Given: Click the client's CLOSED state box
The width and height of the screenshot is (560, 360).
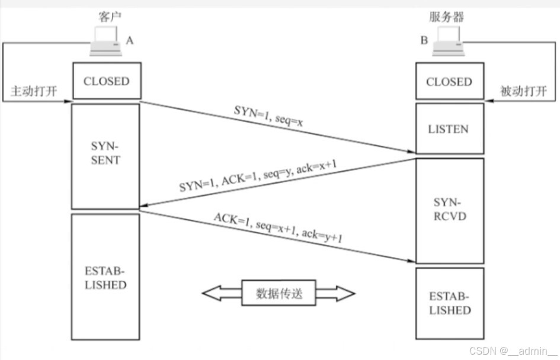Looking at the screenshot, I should pos(106,81).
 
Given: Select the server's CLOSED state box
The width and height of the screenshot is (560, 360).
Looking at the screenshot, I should pos(449,81).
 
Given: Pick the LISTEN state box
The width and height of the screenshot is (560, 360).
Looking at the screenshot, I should pos(449,128).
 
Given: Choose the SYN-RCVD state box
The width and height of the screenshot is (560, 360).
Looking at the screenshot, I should pos(449,210).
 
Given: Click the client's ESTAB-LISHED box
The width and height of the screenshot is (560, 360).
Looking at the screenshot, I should pos(106,277).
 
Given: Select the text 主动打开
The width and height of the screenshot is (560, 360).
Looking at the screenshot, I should pos(34,92).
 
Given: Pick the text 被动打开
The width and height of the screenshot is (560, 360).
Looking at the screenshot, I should pos(523,92).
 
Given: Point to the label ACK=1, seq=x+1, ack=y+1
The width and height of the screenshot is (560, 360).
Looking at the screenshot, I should pos(279,227).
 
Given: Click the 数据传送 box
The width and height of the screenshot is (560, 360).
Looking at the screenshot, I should pos(279,293).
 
